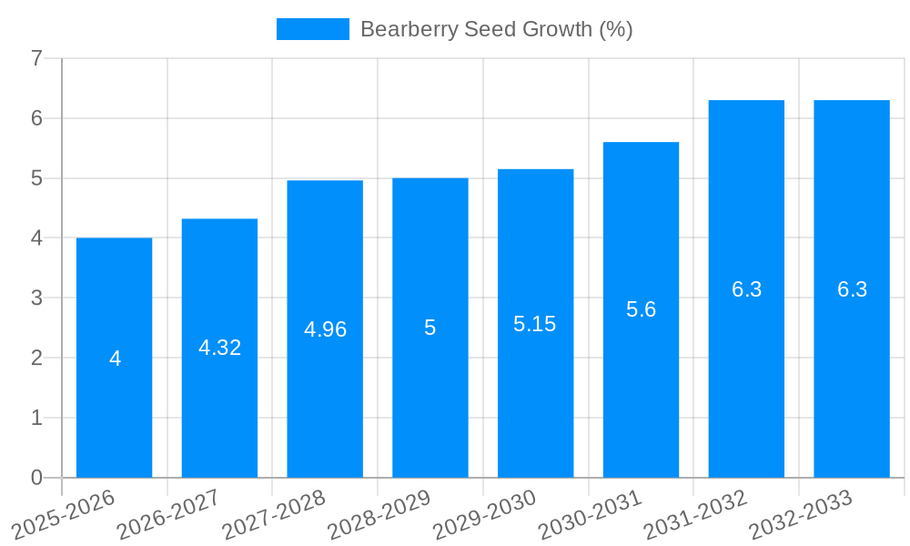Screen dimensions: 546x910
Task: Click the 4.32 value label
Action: click(219, 348)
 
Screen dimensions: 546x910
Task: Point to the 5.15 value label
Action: click(534, 324)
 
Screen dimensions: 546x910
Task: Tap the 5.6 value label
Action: click(641, 309)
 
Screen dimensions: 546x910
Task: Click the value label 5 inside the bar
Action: click(430, 328)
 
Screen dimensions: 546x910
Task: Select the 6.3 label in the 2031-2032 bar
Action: click(746, 289)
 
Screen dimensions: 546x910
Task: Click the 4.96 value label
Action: click(325, 329)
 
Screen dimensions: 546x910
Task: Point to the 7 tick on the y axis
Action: click(36, 58)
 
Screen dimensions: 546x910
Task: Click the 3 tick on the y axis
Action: click(36, 298)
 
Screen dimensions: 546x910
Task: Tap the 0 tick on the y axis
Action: click(36, 478)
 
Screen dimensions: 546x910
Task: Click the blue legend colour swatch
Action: click(312, 29)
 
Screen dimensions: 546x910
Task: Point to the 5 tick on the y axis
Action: click(36, 178)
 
